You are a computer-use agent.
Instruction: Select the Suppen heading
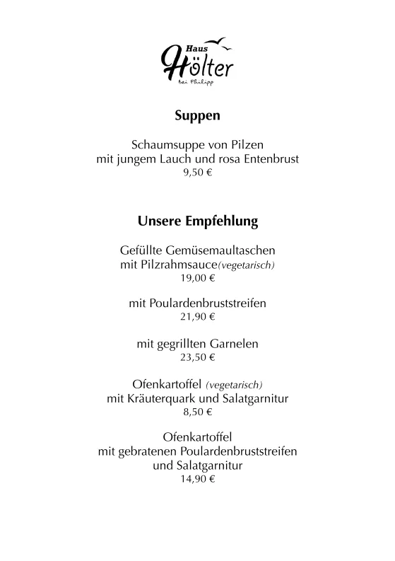click(x=197, y=115)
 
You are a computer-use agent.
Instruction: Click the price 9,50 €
click(x=197, y=173)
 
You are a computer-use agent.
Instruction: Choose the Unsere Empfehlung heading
click(x=197, y=221)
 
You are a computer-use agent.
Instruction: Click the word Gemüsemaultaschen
click(x=225, y=250)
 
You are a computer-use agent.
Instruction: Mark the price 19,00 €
click(x=197, y=279)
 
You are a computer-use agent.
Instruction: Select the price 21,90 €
click(x=197, y=316)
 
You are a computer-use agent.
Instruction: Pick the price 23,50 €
click(x=197, y=358)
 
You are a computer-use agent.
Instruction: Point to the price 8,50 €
click(x=197, y=412)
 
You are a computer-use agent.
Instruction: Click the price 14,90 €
click(x=197, y=479)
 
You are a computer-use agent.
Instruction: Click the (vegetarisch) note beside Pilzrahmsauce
click(x=247, y=266)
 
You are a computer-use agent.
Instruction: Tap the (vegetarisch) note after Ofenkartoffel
click(x=234, y=386)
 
